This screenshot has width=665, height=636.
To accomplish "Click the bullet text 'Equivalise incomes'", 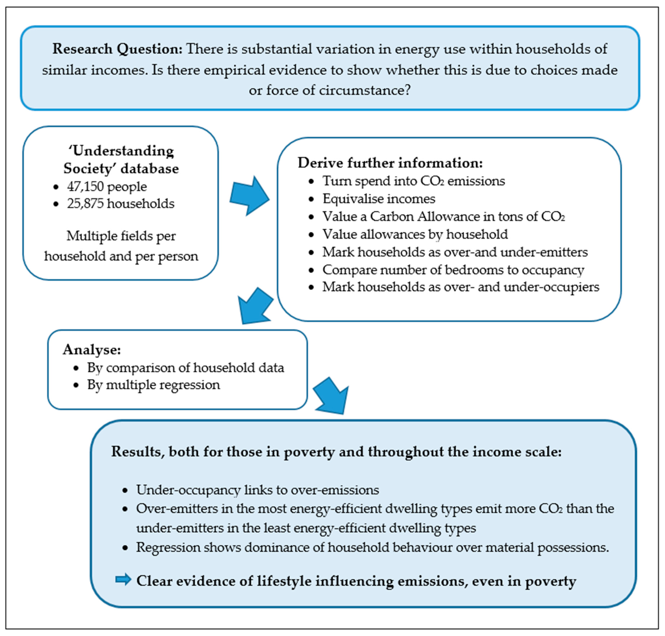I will pos(379,199).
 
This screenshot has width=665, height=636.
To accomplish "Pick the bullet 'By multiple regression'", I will pos(154,385).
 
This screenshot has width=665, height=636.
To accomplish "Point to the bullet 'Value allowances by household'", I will pos(415,234).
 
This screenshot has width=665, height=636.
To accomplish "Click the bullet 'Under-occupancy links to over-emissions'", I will pos(258,490).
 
